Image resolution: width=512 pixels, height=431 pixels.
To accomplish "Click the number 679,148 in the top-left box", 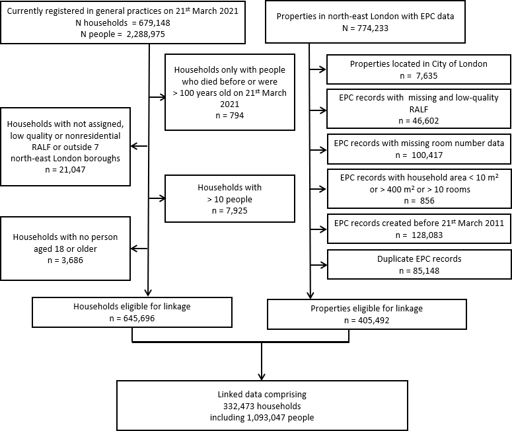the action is pyautogui.click(x=155, y=23).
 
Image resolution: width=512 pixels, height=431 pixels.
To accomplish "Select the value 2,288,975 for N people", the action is pyautogui.click(x=145, y=34).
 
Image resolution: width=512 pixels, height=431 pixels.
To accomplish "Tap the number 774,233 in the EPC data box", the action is pyautogui.click(x=373, y=28).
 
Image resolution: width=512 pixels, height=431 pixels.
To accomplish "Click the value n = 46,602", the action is pyautogui.click(x=419, y=121).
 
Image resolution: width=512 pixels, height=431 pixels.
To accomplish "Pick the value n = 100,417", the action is pyautogui.click(x=419, y=155).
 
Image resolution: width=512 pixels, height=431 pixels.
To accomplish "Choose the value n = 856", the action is pyautogui.click(x=420, y=201).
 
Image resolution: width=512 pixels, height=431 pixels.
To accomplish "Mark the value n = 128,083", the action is pyautogui.click(x=419, y=235).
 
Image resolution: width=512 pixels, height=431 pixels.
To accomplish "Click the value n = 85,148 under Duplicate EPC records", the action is pyautogui.click(x=420, y=271).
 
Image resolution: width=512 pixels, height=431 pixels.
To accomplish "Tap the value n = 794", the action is pyautogui.click(x=229, y=115).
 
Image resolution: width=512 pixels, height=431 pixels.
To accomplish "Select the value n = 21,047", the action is pyautogui.click(x=65, y=170).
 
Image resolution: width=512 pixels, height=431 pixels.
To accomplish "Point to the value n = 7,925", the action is pyautogui.click(x=229, y=211).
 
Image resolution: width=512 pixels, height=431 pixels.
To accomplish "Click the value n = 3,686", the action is pyautogui.click(x=65, y=260).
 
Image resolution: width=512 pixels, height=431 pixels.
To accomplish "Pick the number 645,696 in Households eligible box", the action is pyautogui.click(x=139, y=318).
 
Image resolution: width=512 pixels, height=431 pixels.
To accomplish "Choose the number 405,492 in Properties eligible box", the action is pyautogui.click(x=373, y=320).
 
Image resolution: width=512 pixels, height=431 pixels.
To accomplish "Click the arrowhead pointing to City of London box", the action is pyautogui.click(x=322, y=69).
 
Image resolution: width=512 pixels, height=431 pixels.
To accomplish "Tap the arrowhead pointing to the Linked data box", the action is pyautogui.click(x=262, y=377).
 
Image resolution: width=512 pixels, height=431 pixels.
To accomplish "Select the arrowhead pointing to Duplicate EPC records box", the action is pyautogui.click(x=324, y=265).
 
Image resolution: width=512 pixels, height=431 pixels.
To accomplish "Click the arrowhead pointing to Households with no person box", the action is pyautogui.click(x=134, y=249).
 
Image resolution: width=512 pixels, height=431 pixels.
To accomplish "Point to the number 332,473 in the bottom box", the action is pyautogui.click(x=239, y=406).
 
